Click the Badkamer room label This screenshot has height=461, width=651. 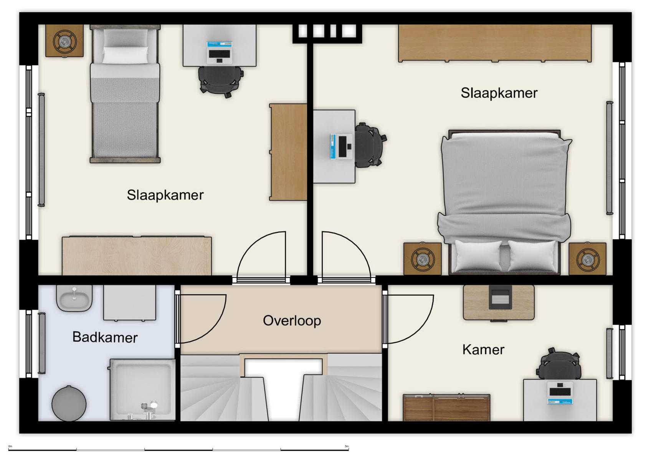click(x=105, y=337)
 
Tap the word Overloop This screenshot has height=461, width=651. click(x=292, y=321)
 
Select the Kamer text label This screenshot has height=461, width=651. click(x=483, y=350)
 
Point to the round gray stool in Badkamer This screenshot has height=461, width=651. click(x=69, y=403)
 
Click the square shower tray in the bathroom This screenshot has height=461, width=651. click(x=142, y=388)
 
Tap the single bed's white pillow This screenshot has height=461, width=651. click(x=125, y=55)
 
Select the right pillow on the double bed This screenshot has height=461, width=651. click(x=532, y=255)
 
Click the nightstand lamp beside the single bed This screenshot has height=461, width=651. click(x=64, y=41)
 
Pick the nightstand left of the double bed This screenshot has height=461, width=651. click(x=422, y=259)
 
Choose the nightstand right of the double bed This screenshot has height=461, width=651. click(x=587, y=259)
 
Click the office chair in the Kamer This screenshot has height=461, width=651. click(x=559, y=365)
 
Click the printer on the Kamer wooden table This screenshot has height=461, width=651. click(x=500, y=298)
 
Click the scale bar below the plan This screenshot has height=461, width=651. click(x=178, y=449)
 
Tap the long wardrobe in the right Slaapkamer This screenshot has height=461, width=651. click(x=495, y=43)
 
